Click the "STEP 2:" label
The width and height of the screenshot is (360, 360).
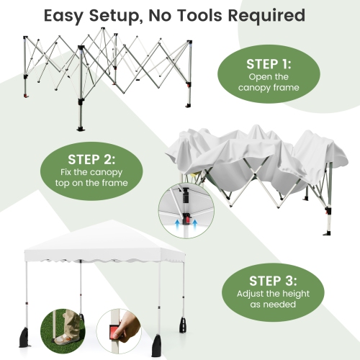pos(91,159)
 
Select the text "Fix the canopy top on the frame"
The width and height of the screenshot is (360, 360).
pos(91,177)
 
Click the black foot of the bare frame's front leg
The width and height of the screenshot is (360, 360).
pos(81,129)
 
